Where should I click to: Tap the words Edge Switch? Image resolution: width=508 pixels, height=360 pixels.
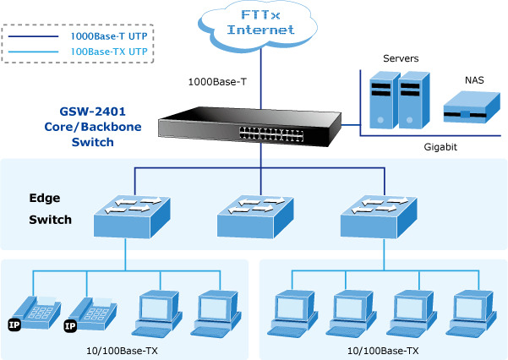pyautogui.click(x=50, y=210)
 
